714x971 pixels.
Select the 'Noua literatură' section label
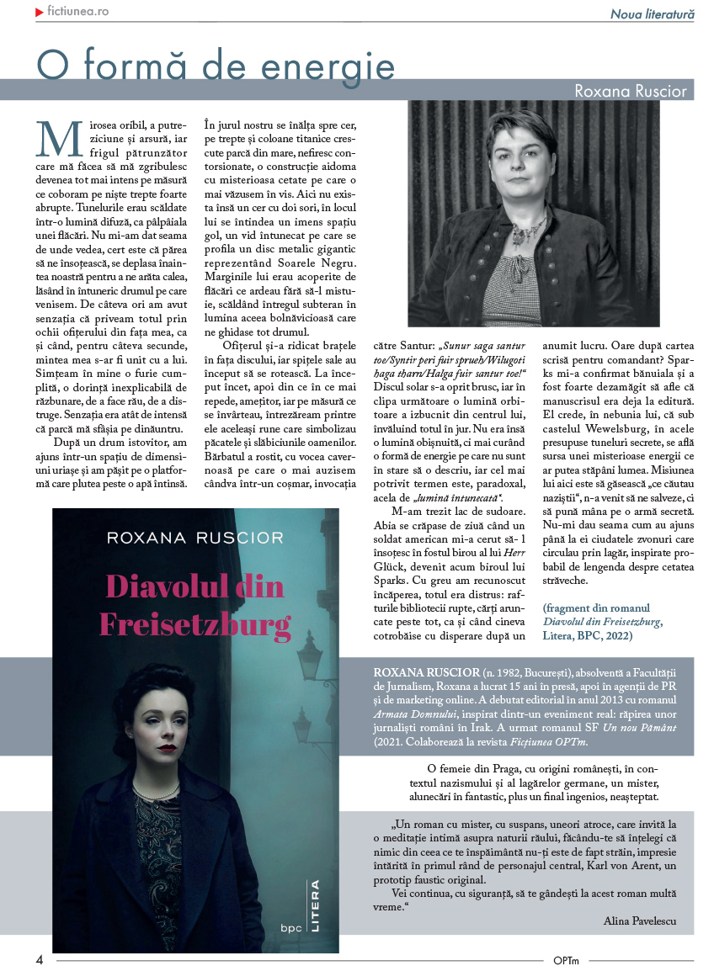coord(652,14)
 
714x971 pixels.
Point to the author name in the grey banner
coord(631,91)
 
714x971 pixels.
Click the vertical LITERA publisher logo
coord(316,904)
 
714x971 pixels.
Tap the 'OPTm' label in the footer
coord(566,959)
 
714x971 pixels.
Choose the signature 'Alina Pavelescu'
coord(639,921)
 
